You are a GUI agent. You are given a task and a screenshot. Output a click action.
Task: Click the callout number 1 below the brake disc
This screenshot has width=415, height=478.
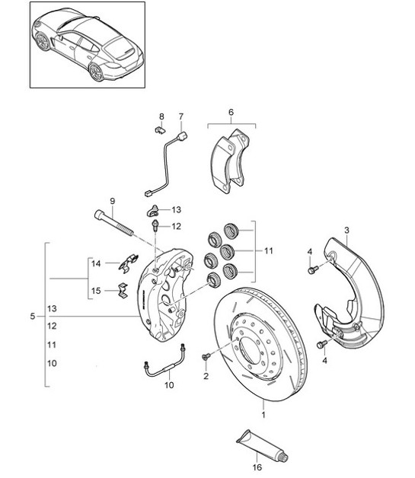click(264, 416)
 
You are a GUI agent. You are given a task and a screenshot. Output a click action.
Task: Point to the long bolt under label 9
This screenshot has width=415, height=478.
click(115, 225)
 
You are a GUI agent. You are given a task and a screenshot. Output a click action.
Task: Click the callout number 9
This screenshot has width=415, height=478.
click(112, 201)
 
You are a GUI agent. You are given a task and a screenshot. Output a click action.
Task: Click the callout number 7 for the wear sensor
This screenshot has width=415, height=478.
click(181, 116)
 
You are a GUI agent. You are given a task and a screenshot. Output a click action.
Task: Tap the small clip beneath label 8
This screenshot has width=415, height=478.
click(160, 131)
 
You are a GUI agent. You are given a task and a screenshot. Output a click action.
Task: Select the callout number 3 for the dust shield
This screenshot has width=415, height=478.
click(346, 229)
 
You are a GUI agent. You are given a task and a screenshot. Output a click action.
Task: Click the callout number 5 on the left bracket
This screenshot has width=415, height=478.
click(31, 316)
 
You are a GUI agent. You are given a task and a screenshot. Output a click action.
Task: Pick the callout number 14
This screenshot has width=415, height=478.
click(96, 263)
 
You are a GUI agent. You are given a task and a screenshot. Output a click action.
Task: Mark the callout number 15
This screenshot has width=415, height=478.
click(96, 290)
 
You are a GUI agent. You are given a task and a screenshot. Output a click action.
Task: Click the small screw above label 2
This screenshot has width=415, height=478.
click(205, 357)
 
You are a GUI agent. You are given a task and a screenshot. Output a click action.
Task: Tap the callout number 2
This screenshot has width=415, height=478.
click(206, 376)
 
